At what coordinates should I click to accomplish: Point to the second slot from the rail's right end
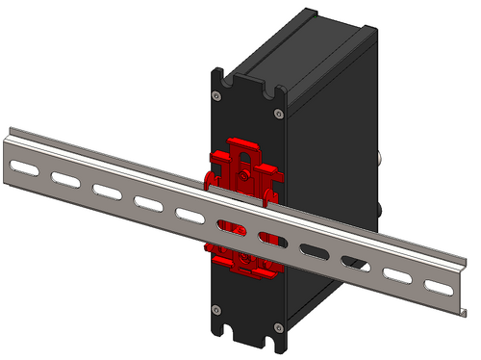coord(397,272)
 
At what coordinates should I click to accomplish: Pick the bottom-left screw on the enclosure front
coord(215,309)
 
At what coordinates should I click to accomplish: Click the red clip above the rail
coord(244,166)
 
